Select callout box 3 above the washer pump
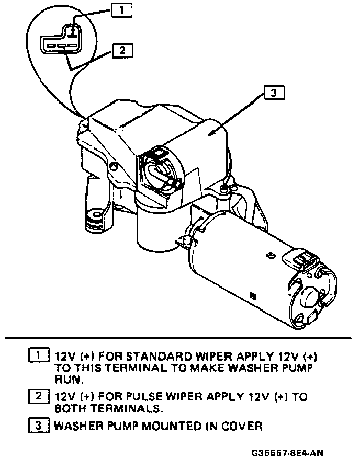274,93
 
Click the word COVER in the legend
242,426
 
